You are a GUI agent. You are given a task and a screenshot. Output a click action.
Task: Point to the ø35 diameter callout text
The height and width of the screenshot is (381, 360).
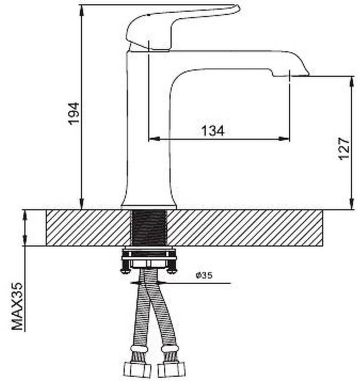coord(204,275)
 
